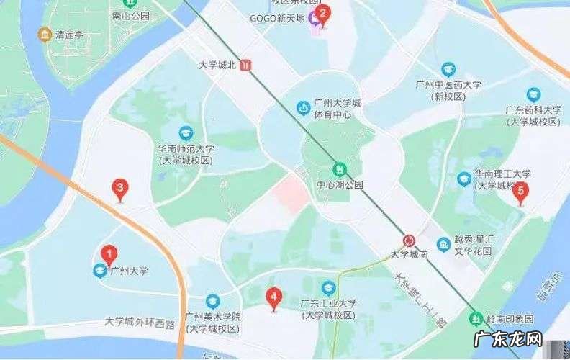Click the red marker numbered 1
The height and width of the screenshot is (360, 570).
109,254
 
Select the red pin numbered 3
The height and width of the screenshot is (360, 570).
122,189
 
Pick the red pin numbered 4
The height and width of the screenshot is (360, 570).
273,296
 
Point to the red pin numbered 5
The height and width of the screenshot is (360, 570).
521,192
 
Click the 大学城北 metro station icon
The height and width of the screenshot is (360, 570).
248,64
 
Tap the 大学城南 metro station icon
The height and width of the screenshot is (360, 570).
409,240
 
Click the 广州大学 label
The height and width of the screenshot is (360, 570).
129,271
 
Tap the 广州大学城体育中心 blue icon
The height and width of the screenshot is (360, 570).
303,108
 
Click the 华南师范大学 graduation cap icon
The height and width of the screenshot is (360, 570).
186,133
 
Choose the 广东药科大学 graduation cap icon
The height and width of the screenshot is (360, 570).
533,94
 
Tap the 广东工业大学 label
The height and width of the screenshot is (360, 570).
329,304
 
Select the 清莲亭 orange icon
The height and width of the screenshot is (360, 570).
45,34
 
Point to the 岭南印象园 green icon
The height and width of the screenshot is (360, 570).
476,318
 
